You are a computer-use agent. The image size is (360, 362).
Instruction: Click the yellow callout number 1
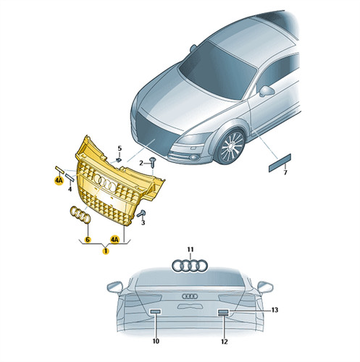point(106,251)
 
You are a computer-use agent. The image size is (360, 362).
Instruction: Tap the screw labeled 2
point(153,162)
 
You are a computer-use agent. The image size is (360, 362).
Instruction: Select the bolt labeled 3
point(141,214)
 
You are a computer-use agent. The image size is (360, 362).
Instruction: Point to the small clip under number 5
point(119,160)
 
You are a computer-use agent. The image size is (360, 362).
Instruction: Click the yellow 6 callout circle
point(88,240)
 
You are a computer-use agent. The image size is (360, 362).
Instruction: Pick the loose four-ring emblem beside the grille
point(80,214)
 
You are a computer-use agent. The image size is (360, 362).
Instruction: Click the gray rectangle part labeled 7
point(280,163)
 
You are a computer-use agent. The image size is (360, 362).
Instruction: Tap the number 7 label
point(285,172)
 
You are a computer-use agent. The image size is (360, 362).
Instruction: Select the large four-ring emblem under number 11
point(190,266)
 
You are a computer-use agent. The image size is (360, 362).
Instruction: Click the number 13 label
point(275,310)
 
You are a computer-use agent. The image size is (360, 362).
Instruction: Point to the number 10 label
point(156,341)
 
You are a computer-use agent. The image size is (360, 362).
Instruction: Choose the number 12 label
point(225,342)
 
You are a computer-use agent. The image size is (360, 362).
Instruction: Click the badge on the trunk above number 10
point(156,311)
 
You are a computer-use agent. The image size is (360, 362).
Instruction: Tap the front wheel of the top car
point(230,146)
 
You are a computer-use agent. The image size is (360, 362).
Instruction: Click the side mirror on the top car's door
point(267,91)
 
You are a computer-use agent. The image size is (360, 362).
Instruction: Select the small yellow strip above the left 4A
point(59,169)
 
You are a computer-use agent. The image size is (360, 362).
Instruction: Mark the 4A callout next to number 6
point(114,240)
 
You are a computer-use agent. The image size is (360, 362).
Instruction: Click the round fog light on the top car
point(193,158)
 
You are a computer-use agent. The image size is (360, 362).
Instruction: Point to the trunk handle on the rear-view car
point(190,306)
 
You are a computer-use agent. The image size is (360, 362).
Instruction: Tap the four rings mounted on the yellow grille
point(105,182)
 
